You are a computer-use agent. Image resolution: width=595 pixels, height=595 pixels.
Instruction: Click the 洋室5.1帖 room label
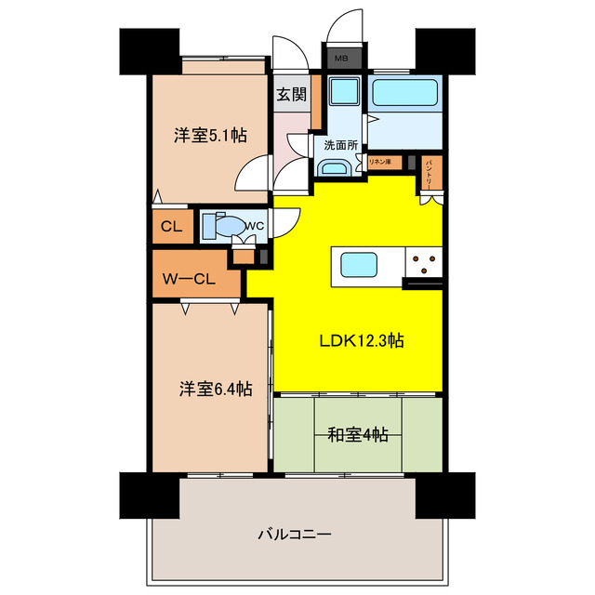point(210,135)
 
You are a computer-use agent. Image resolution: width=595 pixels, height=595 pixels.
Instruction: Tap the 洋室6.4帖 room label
point(214,390)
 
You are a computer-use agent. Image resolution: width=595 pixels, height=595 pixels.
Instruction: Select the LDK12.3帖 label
point(361,340)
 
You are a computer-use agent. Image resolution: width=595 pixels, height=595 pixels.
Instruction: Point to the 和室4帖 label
point(358,434)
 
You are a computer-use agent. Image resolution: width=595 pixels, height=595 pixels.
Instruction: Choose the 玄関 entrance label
point(291,94)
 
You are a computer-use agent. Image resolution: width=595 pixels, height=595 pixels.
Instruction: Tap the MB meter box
point(340,58)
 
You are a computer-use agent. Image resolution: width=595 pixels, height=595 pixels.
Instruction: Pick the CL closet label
point(171,226)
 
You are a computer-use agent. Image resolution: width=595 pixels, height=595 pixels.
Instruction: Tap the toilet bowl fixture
point(230,226)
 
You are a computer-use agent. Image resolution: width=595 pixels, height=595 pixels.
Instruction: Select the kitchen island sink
point(359,266)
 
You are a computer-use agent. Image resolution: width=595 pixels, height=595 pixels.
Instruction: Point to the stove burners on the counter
point(424,264)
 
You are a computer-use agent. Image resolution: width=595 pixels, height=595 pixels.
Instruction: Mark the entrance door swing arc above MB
point(350,22)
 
